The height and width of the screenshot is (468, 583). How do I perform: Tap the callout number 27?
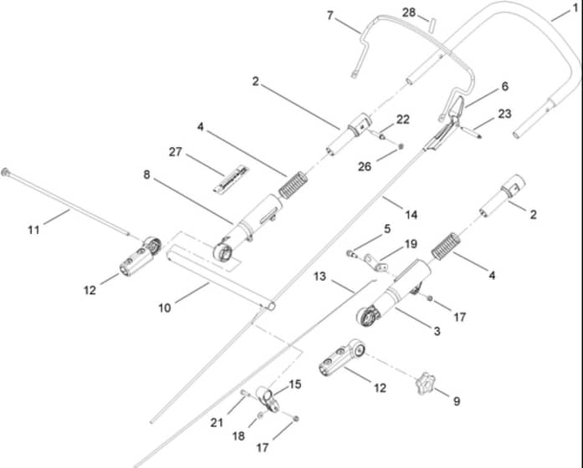tap(175, 152)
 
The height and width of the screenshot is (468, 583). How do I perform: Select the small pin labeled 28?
tap(432, 26)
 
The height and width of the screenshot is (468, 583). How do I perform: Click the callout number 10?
tap(164, 308)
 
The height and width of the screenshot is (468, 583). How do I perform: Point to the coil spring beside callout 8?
tap(294, 185)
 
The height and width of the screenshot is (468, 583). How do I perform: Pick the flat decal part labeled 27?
tap(231, 180)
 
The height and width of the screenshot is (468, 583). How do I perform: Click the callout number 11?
tap(33, 231)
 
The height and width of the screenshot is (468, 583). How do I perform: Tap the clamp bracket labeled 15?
tap(268, 399)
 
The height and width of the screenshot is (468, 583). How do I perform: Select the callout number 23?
tap(504, 114)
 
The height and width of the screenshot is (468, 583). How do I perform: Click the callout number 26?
tap(365, 167)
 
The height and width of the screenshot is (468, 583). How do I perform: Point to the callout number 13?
tap(320, 277)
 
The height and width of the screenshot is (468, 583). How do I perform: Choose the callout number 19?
tap(411, 244)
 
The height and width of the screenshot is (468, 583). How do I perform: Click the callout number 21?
tap(217, 423)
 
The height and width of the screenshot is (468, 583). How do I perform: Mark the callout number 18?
tap(238, 436)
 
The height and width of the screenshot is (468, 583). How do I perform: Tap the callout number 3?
tap(437, 331)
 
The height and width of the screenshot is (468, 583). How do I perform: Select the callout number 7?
tap(330, 16)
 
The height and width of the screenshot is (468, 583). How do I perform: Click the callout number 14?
tap(412, 215)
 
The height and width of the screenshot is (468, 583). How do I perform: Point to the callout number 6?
tap(504, 86)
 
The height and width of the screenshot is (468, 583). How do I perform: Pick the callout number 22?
tap(402, 120)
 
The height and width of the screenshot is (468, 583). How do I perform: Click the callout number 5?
tap(387, 229)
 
